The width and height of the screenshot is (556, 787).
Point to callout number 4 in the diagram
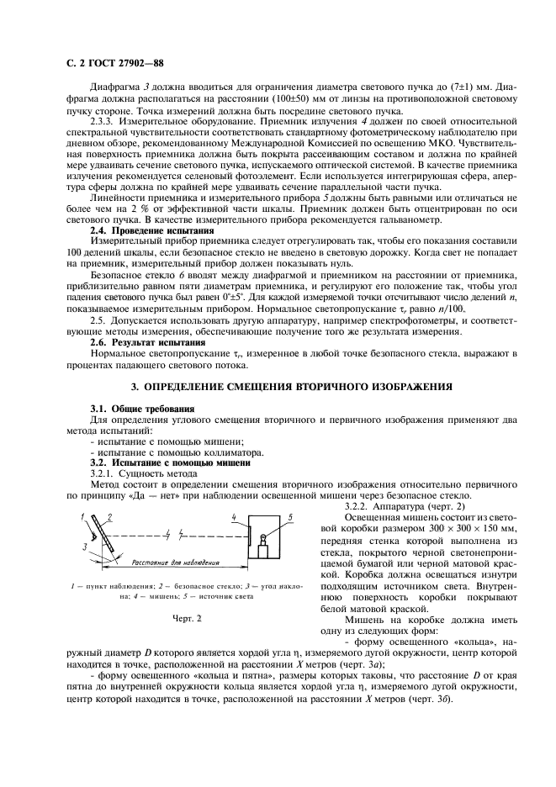[234, 516]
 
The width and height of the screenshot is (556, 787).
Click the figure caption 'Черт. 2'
[188, 618]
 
